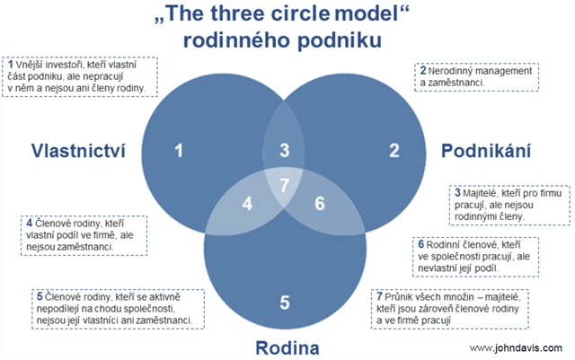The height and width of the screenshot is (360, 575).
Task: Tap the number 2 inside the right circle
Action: coord(393,150)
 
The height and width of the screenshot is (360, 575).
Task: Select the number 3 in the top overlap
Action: coord(285,151)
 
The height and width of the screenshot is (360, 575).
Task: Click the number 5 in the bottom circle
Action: coord(285,302)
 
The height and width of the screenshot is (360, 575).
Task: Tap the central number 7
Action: coord(285,186)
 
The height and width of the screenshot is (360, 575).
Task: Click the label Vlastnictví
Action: coord(77,150)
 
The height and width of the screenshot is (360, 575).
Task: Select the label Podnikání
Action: coord(487,150)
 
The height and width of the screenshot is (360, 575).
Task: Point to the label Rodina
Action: coord(285,347)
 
